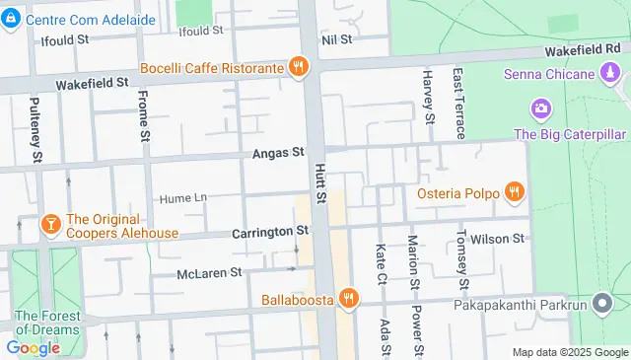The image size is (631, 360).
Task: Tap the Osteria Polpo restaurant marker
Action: click(x=513, y=191)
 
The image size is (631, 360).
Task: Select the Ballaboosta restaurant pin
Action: click(x=347, y=298)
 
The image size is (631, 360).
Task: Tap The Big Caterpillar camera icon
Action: click(x=540, y=108)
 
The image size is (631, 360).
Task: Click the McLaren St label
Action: click(x=209, y=272)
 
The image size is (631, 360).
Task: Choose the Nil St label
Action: click(x=337, y=39)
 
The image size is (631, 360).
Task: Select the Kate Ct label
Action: click(x=381, y=262)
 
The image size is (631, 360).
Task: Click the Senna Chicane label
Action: click(x=549, y=74)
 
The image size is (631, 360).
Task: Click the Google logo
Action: click(x=33, y=347)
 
